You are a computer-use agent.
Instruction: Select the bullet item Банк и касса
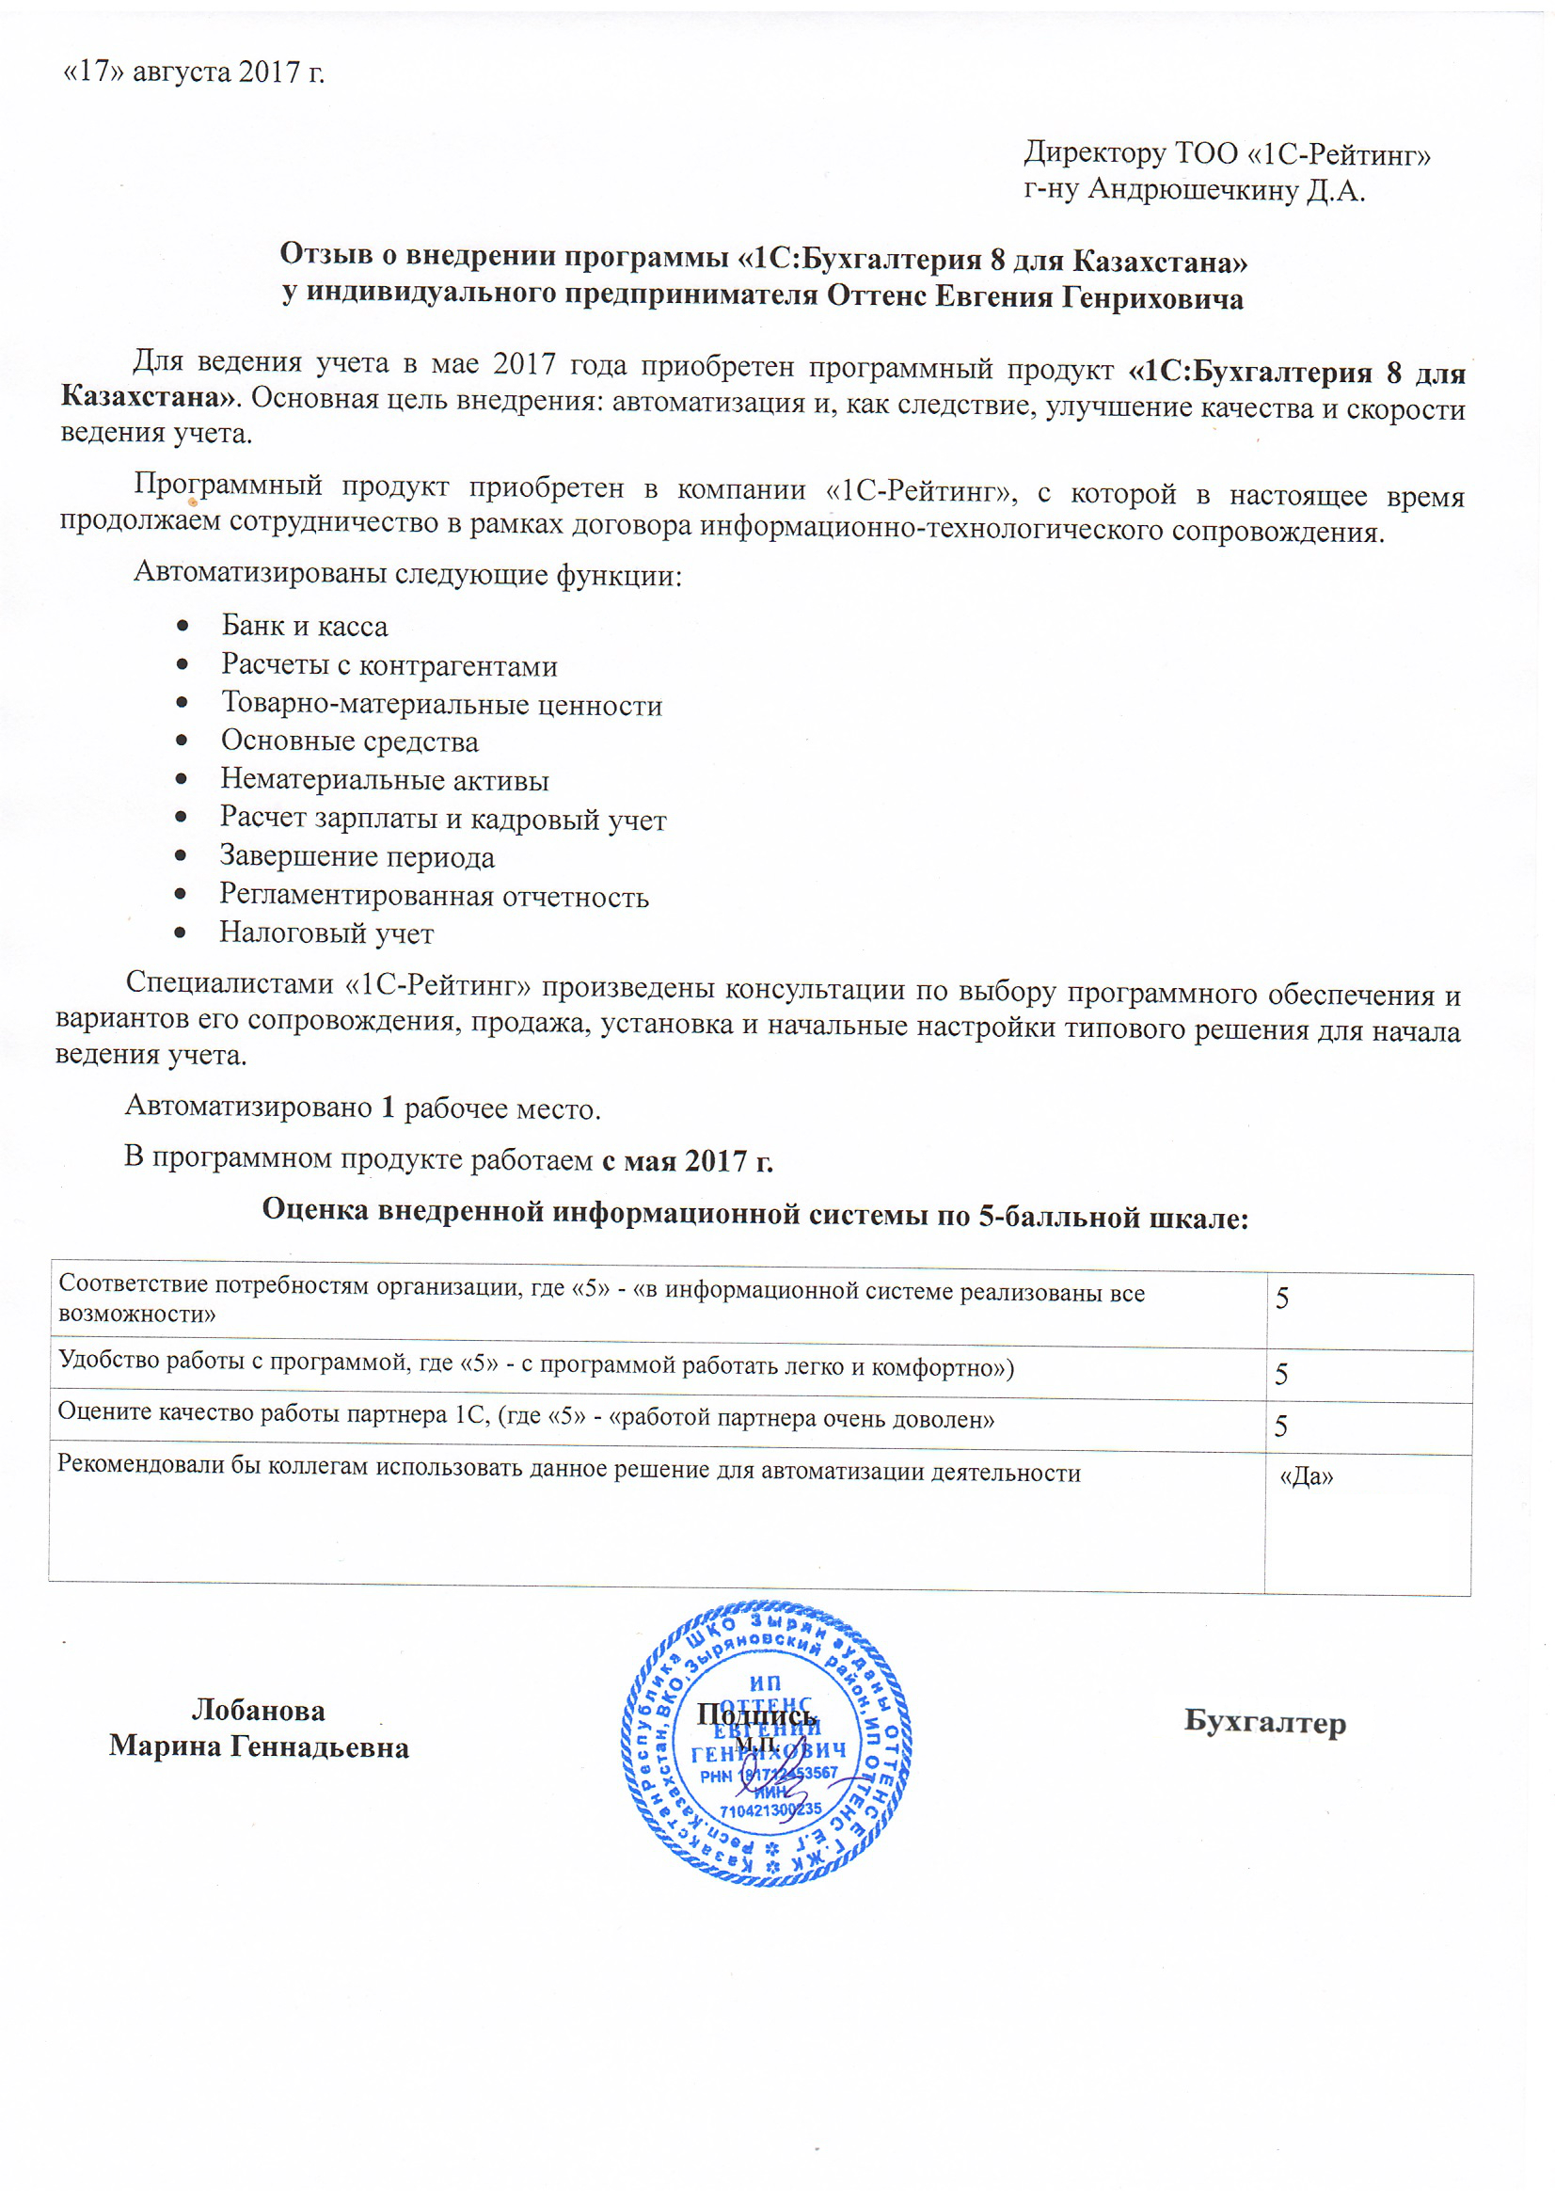point(305,626)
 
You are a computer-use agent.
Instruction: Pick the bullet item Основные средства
point(350,741)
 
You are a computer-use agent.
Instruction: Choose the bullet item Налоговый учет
point(326,933)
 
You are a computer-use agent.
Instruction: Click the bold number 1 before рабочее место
point(388,1107)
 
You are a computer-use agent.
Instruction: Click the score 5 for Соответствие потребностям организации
point(1282,1299)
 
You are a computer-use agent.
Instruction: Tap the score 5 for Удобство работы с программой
point(1282,1375)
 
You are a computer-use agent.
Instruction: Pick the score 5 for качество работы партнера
point(1282,1427)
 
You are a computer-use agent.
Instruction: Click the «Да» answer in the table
point(1307,1476)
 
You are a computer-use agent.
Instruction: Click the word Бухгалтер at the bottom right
point(1264,1722)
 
